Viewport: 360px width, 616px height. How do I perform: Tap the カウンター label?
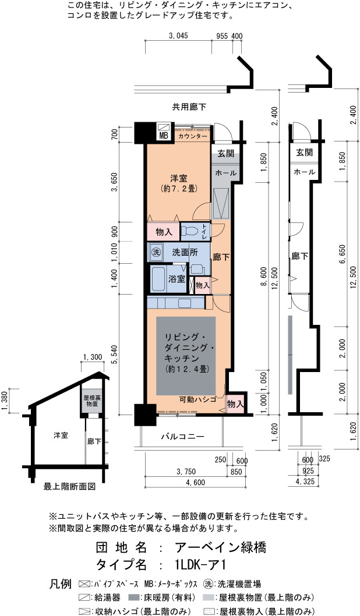pos(193,136)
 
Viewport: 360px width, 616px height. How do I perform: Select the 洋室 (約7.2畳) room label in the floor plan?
pos(179,183)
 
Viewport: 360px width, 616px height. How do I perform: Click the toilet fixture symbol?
pos(192,231)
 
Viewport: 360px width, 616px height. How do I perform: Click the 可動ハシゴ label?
pos(198,399)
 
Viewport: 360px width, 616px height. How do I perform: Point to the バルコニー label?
pos(183,437)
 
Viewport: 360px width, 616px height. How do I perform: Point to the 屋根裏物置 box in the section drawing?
pos(92,401)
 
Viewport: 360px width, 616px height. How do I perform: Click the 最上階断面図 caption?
pos(69,487)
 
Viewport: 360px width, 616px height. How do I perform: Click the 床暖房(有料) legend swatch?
pos(133,597)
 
